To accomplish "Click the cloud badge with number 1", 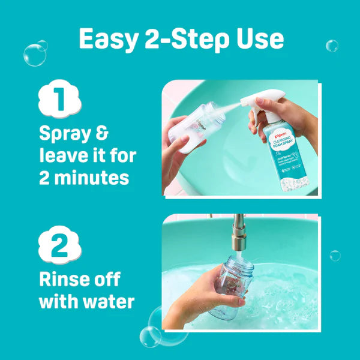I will point(59,100).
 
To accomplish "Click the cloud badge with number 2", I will point(59,245).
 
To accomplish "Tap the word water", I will point(107,301).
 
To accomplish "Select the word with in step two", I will point(58,301).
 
